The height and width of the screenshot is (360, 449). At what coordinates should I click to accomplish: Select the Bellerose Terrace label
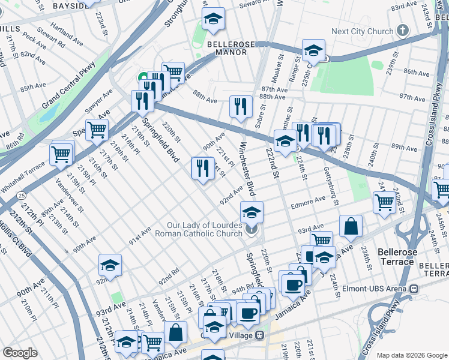coord(396,257)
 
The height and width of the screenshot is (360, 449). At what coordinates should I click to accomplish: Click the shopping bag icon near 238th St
coord(351,226)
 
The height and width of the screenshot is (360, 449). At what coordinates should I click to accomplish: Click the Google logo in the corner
coord(20,353)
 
